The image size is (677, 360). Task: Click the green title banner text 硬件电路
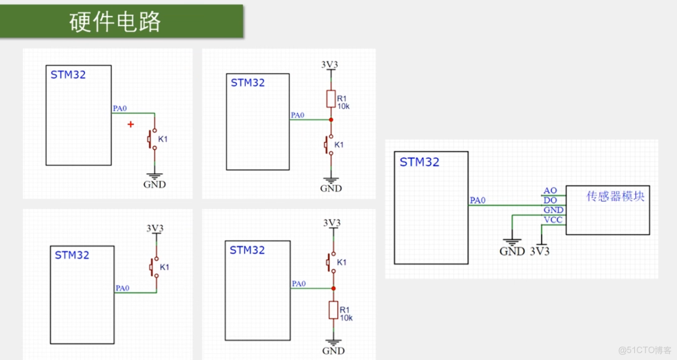(115, 22)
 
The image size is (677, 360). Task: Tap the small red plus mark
(131, 124)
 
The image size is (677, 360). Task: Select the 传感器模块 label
(615, 196)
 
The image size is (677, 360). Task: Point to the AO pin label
(550, 190)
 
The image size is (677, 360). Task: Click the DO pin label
(550, 200)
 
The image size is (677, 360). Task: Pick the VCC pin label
(553, 220)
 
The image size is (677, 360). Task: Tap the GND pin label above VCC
(553, 210)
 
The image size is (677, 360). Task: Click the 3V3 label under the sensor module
(540, 251)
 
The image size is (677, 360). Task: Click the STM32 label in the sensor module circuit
(420, 162)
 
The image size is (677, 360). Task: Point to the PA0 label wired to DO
(477, 200)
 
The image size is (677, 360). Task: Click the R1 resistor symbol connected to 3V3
(330, 99)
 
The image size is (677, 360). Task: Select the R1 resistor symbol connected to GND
(333, 310)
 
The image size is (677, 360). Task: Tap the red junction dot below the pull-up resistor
(331, 119)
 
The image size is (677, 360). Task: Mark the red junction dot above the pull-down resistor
(332, 287)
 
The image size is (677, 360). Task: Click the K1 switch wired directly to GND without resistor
(153, 139)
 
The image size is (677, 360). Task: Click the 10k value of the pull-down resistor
(346, 318)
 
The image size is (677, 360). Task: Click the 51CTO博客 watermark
(644, 350)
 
